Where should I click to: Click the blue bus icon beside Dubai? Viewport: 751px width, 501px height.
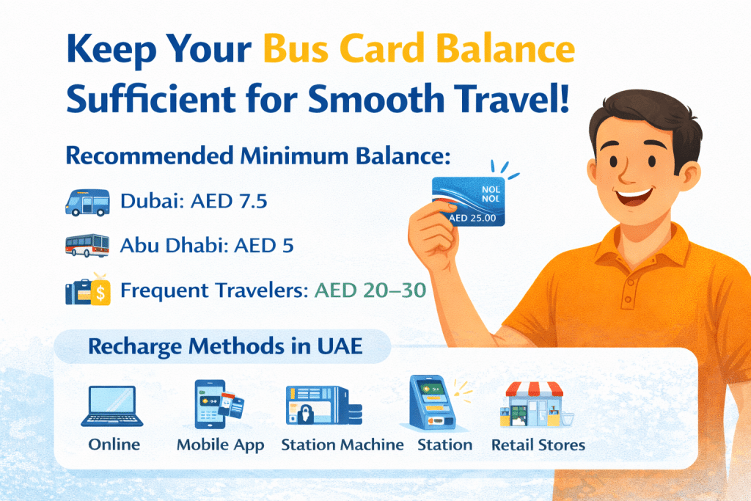click(x=87, y=202)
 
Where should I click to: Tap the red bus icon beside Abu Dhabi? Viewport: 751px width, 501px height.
click(x=87, y=245)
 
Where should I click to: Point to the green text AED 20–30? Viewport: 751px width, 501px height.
click(x=370, y=290)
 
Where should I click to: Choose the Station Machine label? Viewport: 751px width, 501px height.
click(x=342, y=445)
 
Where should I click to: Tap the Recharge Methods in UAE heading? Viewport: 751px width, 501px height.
click(x=225, y=345)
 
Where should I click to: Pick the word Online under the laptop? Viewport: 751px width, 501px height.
click(x=114, y=445)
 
